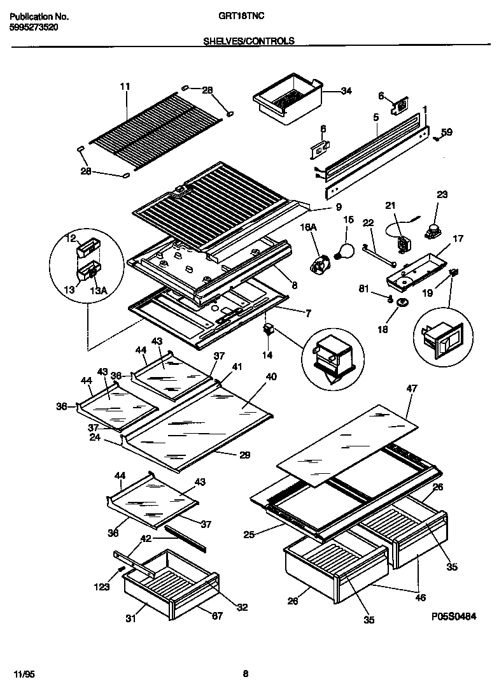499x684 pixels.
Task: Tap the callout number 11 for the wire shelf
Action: point(124,86)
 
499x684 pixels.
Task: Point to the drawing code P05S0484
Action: point(454,616)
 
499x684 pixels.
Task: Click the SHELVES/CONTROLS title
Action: point(248,41)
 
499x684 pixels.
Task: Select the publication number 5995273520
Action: point(36,28)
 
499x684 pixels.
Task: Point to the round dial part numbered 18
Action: point(402,303)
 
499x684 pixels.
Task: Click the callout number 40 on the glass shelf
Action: point(271,377)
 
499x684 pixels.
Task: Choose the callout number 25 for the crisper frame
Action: point(250,535)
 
